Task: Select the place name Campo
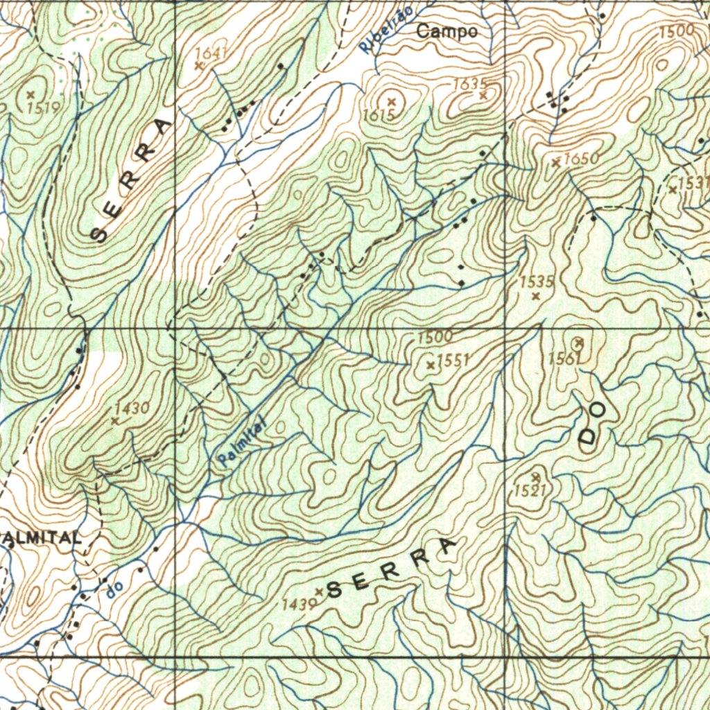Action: (x=447, y=32)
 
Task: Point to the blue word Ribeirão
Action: (x=387, y=31)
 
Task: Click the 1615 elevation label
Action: (x=379, y=115)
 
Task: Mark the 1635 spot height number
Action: (x=469, y=84)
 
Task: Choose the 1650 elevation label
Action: (x=580, y=159)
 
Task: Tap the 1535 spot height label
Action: (x=537, y=282)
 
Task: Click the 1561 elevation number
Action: (x=563, y=358)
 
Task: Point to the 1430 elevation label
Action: (x=132, y=408)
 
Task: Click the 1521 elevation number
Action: (x=530, y=491)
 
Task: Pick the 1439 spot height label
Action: (x=299, y=605)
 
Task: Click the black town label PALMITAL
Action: (x=42, y=537)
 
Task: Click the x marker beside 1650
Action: (x=556, y=162)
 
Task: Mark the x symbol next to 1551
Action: (x=431, y=365)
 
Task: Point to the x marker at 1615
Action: (x=392, y=102)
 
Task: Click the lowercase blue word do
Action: (x=115, y=588)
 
